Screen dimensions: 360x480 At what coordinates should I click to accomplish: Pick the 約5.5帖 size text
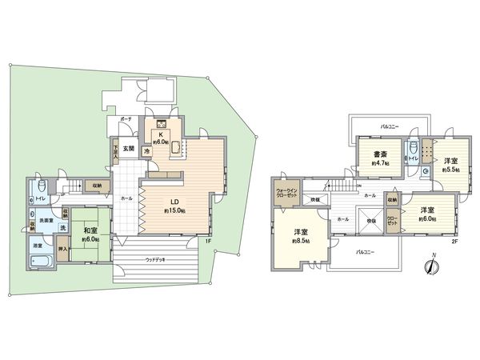[x=452, y=169]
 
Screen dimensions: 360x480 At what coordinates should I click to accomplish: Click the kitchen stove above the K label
[x=160, y=123]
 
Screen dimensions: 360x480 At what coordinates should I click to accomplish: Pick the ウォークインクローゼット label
[x=287, y=192]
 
